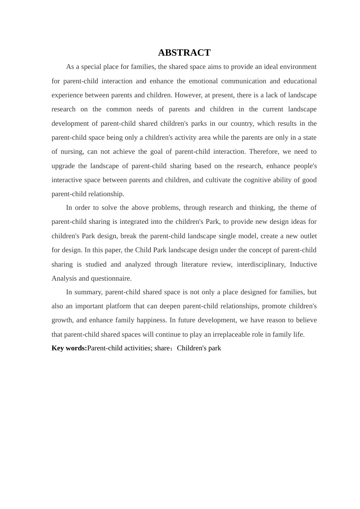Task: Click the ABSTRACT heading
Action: point(184,53)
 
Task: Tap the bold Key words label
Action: point(69,348)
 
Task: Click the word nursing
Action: point(72,151)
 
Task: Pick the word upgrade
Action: point(63,166)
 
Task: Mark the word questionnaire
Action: point(111,278)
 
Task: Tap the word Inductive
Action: point(303,264)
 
